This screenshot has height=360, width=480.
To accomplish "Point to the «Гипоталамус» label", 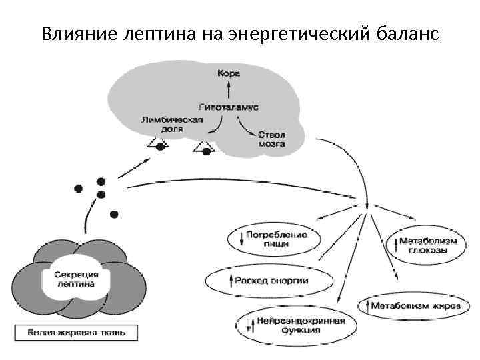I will [229, 107].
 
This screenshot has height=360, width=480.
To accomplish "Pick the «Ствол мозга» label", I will [272, 139].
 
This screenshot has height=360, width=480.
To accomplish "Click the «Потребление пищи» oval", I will [273, 239].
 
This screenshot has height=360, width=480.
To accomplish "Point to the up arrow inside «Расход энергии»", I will [230, 281].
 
